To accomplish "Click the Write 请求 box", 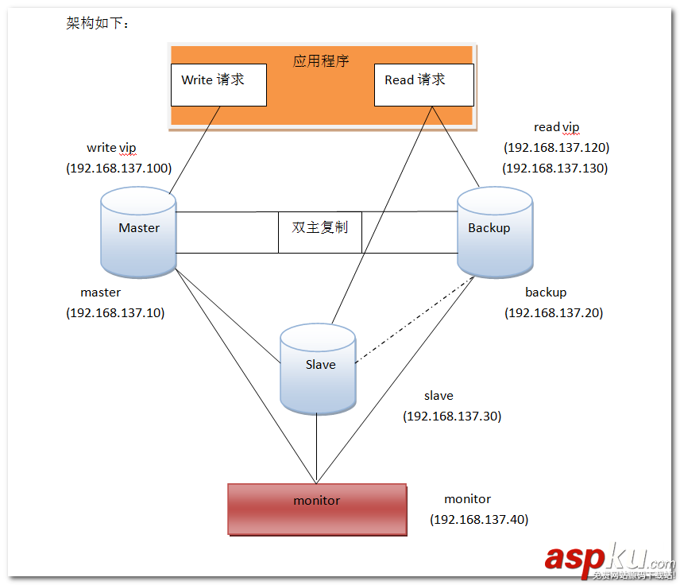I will [x=218, y=84].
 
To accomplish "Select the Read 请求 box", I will [x=423, y=84].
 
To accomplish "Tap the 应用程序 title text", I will [x=321, y=60].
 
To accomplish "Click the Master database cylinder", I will [x=139, y=233].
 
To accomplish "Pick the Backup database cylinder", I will [x=495, y=233].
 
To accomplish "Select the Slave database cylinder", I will [x=318, y=369].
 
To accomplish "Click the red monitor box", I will [x=317, y=509].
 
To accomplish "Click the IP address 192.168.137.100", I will [x=118, y=169].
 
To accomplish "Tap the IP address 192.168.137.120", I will [x=556, y=148].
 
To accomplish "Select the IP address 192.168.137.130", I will [x=555, y=169].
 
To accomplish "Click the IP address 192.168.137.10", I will [x=115, y=313].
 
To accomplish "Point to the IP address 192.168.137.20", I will [x=554, y=313].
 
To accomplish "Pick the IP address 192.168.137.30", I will [x=452, y=416].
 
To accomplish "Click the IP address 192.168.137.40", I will [x=479, y=520].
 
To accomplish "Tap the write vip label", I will [x=112, y=148].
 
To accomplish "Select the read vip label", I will [x=556, y=127].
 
